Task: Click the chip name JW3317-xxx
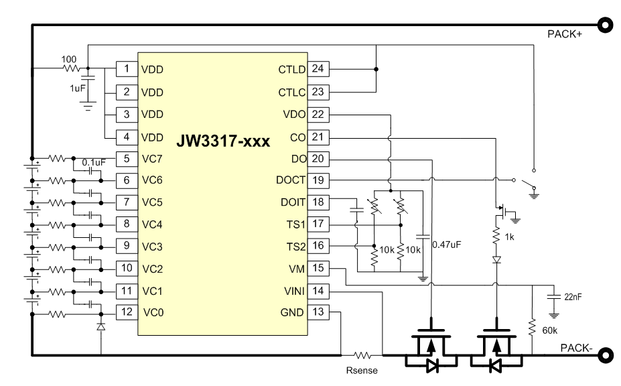pos(222,142)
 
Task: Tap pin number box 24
pos(318,69)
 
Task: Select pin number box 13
pos(318,312)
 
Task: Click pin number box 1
pos(127,69)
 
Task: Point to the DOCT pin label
pos(291,180)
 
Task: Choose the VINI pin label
pos(293,291)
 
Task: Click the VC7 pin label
pos(152,159)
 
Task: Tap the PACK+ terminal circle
pos(606,25)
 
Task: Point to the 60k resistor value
pos(549,329)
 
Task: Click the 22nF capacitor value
pos(573,297)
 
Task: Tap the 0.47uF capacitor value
pos(448,244)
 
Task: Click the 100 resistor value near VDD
pos(70,59)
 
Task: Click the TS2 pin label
pos(294,247)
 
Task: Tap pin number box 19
pos(318,180)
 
